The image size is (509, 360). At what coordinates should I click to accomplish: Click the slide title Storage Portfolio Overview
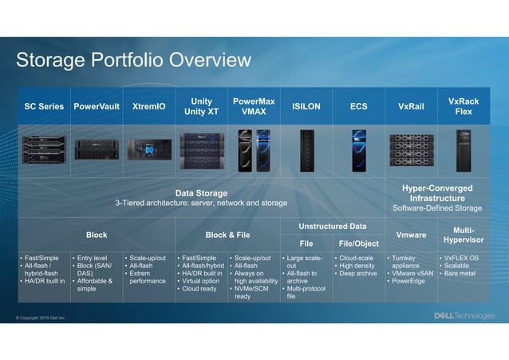[133, 61]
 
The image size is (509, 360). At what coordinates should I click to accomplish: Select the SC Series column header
[44, 106]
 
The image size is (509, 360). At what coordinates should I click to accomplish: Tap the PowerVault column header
[97, 106]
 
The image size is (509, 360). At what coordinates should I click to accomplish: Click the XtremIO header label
[149, 106]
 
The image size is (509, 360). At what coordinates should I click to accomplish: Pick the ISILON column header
[306, 106]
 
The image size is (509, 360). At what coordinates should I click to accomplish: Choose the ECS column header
[359, 106]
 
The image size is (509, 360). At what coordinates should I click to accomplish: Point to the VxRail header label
[411, 106]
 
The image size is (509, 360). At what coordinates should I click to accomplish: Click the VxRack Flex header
[464, 106]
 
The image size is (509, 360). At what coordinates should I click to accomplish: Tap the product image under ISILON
[306, 150]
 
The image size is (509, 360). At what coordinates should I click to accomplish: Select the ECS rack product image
[359, 150]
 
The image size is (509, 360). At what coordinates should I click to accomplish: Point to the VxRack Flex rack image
[464, 150]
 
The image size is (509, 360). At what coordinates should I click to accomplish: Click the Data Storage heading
[201, 192]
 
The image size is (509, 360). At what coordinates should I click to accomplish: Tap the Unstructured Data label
[333, 227]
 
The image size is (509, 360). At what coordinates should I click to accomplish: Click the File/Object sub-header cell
[359, 243]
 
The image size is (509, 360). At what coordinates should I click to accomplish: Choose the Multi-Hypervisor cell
[464, 234]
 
